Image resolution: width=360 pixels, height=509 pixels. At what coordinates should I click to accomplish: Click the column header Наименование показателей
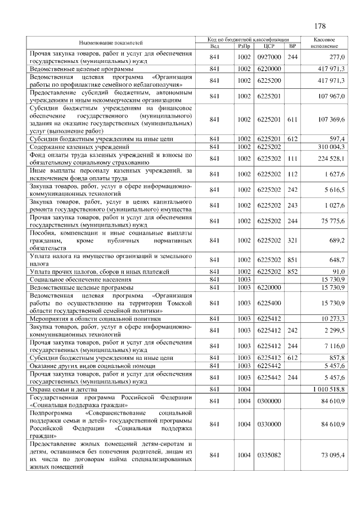click(110, 43)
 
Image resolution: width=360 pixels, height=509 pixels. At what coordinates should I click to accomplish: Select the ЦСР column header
click(268, 46)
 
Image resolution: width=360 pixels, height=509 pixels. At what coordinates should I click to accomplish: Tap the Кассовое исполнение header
click(324, 43)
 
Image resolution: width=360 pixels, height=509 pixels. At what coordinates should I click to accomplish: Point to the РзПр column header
click(244, 46)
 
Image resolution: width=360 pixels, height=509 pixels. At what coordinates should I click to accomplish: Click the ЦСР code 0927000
click(268, 57)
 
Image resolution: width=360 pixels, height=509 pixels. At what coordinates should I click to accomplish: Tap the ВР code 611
click(292, 120)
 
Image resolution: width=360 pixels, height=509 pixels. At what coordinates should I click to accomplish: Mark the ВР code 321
click(292, 240)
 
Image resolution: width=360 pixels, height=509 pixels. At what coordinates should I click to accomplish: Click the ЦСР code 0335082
click(268, 454)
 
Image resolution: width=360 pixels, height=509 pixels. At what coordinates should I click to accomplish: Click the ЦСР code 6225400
click(268, 303)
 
